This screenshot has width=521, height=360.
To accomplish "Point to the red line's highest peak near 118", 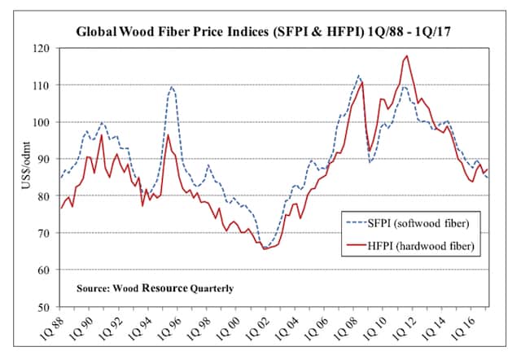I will click(x=406, y=56).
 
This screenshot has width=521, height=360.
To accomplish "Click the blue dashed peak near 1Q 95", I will click(x=172, y=86).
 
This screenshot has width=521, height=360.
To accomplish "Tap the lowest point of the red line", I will click(x=265, y=248).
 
